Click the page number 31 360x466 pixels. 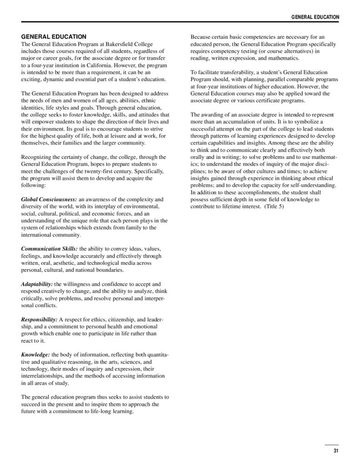tap(335, 451)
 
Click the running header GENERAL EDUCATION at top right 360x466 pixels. tap(315, 17)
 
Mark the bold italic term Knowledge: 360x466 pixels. tap(36, 354)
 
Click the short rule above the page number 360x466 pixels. tap(332, 444)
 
